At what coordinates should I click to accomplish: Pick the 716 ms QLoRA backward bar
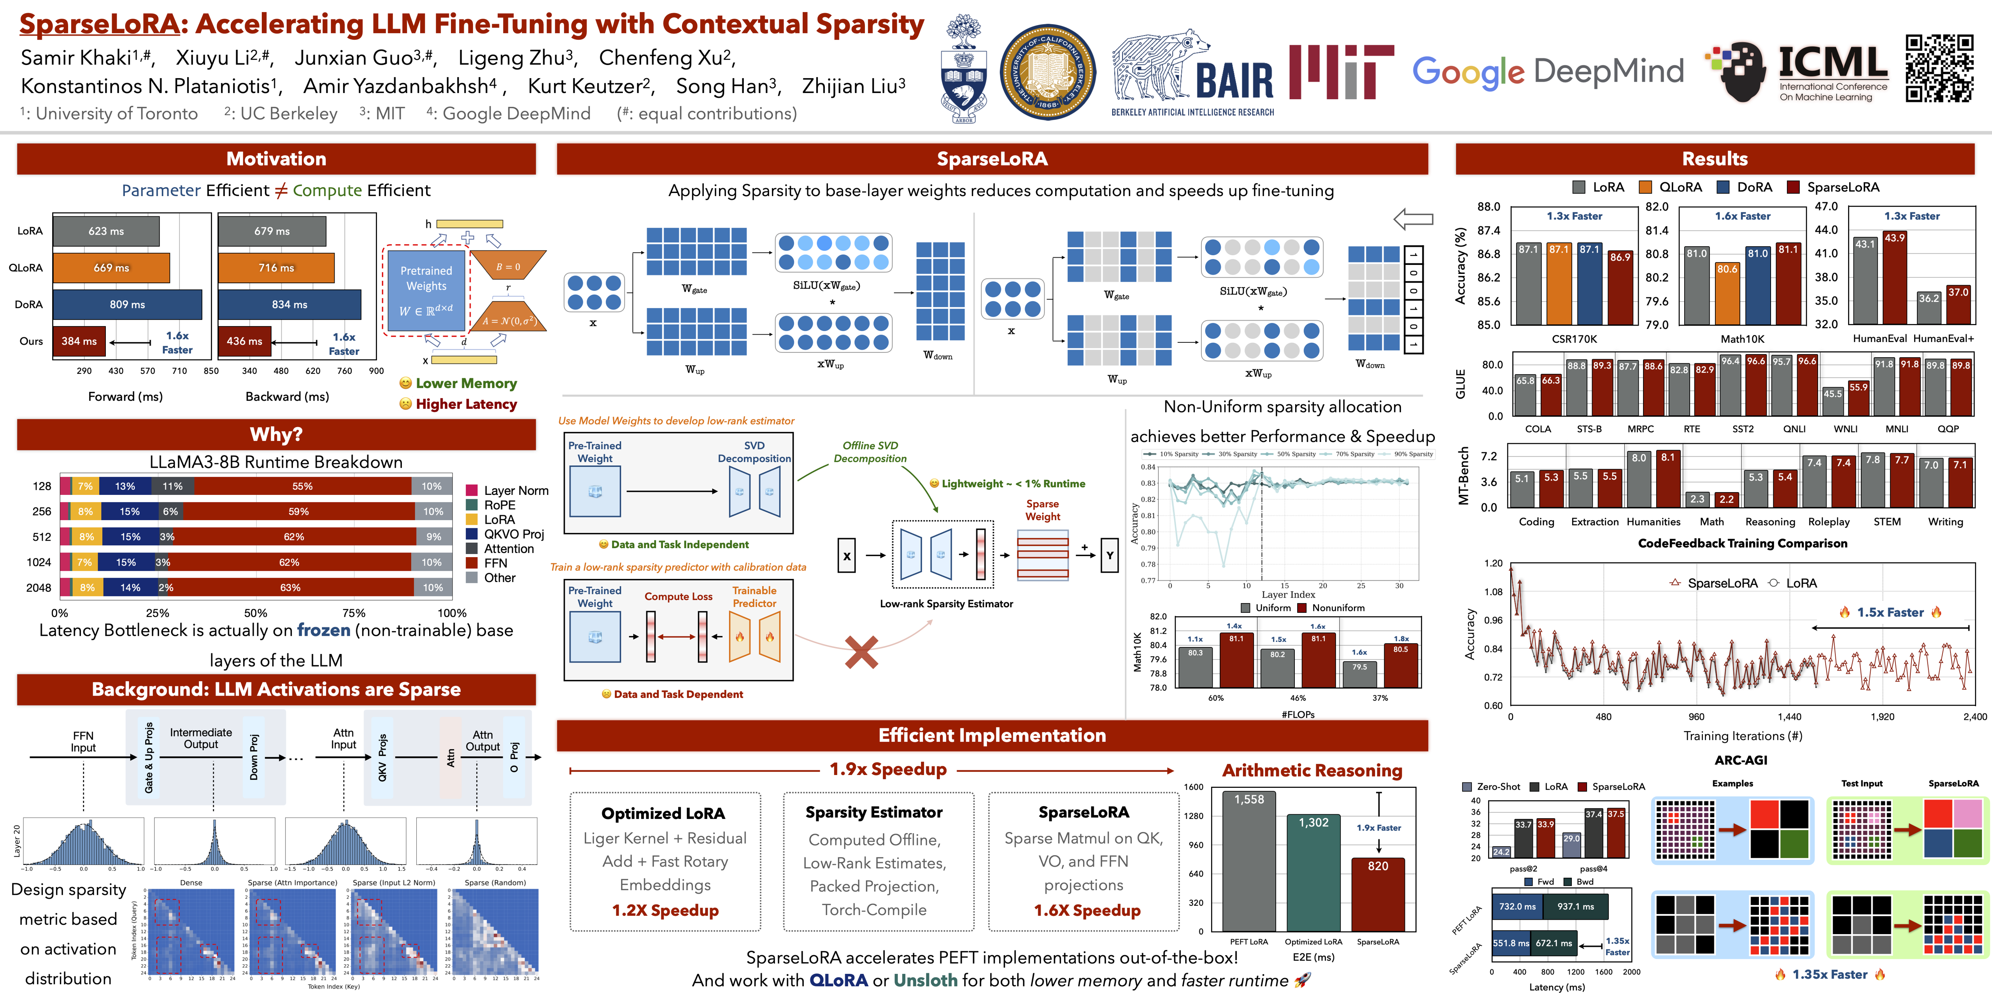276,268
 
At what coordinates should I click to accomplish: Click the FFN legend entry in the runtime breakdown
495,563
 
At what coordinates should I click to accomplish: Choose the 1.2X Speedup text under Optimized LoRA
665,910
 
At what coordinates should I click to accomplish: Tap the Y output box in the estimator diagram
1110,555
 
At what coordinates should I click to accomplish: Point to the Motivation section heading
276,158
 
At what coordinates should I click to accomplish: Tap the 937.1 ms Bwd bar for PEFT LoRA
1575,906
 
